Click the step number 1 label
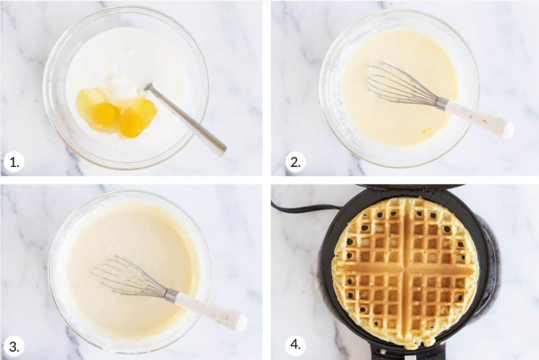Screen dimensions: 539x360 14,162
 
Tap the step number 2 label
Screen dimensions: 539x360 295,162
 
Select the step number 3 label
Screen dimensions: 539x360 14,346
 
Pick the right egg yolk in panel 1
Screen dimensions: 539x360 131,125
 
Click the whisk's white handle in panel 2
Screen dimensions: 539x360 478,118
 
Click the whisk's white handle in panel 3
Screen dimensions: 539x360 211,310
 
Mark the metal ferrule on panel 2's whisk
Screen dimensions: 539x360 442,103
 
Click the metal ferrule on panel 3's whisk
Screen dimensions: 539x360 171,296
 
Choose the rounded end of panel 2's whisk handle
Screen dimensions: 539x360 507,130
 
